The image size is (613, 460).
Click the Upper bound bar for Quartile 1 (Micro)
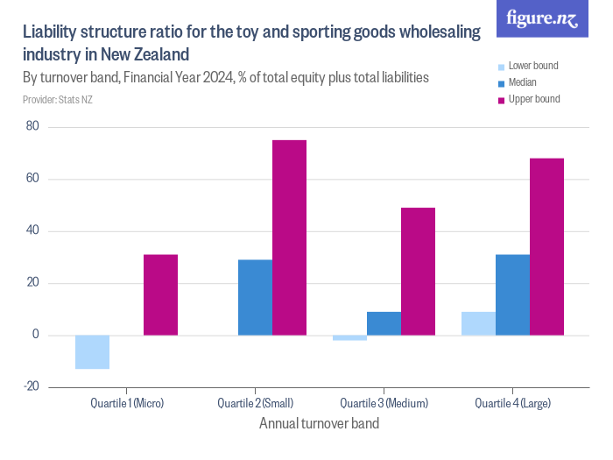coord(161,294)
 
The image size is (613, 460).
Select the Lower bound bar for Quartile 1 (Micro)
coord(93,351)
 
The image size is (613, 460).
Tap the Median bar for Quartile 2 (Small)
coord(256,297)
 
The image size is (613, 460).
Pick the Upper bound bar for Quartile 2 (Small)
coord(290,237)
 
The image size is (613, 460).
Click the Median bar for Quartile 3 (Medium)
coord(384,323)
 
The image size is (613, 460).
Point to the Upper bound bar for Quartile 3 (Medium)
coord(418,271)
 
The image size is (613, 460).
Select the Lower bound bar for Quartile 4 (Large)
coord(478,323)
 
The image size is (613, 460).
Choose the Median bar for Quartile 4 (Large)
coord(512,294)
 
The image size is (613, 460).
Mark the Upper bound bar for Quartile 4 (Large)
coord(546,246)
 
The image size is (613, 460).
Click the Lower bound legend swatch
coord(501,67)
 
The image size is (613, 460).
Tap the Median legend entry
coord(522,82)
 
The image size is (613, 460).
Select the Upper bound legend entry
coord(528,99)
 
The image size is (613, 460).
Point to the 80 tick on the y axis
coord(33,127)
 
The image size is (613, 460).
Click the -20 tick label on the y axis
coord(32,386)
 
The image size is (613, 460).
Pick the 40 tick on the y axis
coord(33,231)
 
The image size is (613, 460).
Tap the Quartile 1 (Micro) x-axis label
coord(127,404)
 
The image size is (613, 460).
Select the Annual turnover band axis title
coord(320,424)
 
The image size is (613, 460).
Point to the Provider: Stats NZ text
coord(58,100)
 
